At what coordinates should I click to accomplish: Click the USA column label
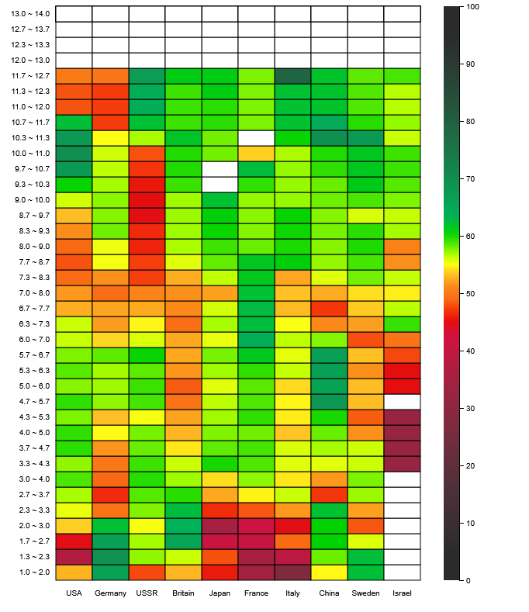pos(74,593)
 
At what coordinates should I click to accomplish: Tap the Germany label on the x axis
pos(110,593)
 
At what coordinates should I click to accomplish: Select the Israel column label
pos(402,593)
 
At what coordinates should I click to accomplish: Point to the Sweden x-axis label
pos(365,593)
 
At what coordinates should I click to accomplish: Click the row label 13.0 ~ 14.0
pos(31,14)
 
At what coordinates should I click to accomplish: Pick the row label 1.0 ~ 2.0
pos(31,572)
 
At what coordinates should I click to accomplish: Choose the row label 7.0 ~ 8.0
pos(31,293)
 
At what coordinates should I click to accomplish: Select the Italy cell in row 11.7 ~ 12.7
pos(292,76)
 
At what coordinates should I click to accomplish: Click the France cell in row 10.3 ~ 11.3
pos(256,138)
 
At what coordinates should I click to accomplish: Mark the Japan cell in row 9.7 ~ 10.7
pos(220,169)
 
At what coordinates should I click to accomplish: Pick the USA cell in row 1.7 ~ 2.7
pos(74,541)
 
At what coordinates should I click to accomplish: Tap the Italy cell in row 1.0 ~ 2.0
pos(292,572)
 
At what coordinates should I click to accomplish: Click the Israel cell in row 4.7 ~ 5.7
pos(402,402)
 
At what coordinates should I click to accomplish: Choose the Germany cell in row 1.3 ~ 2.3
pos(110,557)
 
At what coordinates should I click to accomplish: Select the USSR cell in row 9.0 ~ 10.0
pos(147,200)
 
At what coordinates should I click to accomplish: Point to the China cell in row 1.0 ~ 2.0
pos(329,572)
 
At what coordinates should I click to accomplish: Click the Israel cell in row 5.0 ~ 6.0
pos(402,386)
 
